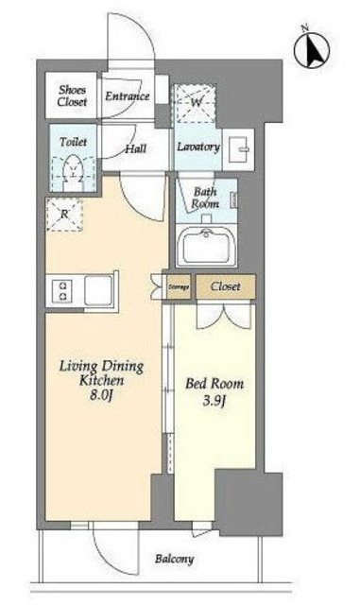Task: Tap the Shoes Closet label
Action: coord(72,95)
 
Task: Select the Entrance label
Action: coord(127,96)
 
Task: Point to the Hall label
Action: coord(136,148)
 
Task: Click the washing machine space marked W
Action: coord(196,103)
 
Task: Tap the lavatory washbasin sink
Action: coord(238,149)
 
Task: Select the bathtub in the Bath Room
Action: coord(206,245)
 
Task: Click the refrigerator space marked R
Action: coord(64,215)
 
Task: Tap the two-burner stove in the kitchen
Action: coord(64,291)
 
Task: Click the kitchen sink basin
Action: coord(98,290)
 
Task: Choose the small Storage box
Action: coord(179,286)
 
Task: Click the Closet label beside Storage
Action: coord(225,286)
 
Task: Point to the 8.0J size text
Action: coord(101,395)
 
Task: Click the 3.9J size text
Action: coord(214,401)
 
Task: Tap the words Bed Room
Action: coord(214,384)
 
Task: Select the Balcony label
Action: coord(175,559)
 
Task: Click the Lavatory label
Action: coord(198,147)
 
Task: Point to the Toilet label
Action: coord(74,142)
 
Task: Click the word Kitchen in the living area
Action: coord(102,380)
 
